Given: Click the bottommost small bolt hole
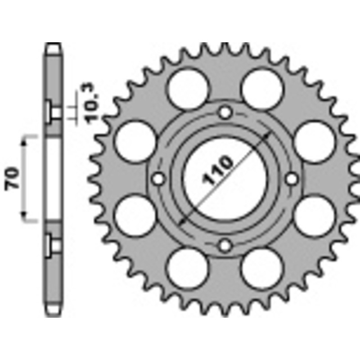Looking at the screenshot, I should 225,246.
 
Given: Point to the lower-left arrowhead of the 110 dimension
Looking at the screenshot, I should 182,221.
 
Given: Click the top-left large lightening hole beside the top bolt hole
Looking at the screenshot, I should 189,89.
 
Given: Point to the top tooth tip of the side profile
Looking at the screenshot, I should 53,45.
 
